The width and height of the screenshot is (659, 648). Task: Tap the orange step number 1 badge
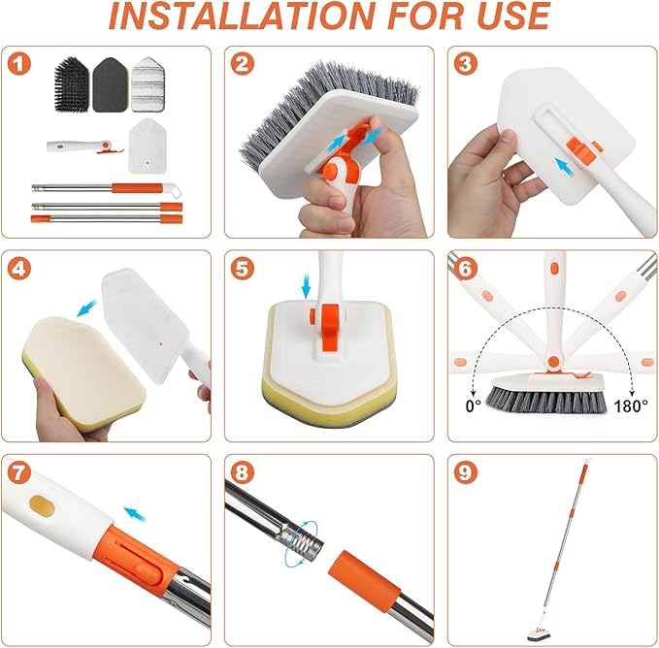tap(20, 64)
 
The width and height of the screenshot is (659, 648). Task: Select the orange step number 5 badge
tap(243, 269)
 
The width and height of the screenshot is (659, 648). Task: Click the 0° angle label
tap(474, 405)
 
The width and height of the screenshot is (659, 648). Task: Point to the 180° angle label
tap(630, 405)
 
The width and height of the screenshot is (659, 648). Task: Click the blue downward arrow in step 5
tap(306, 286)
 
